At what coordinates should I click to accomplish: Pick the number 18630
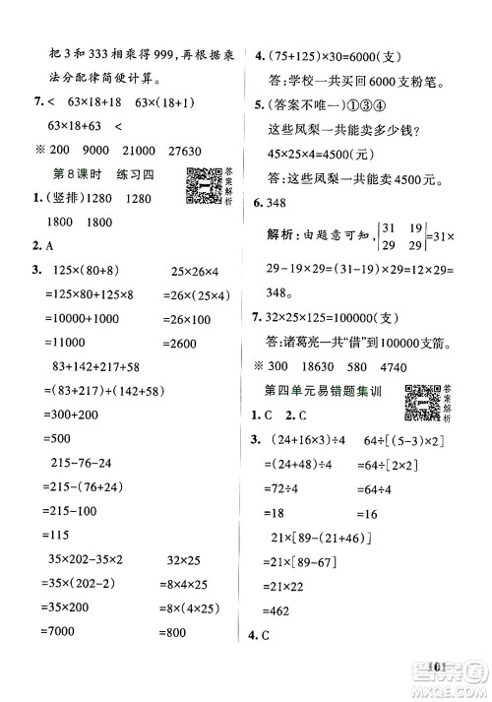352,366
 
